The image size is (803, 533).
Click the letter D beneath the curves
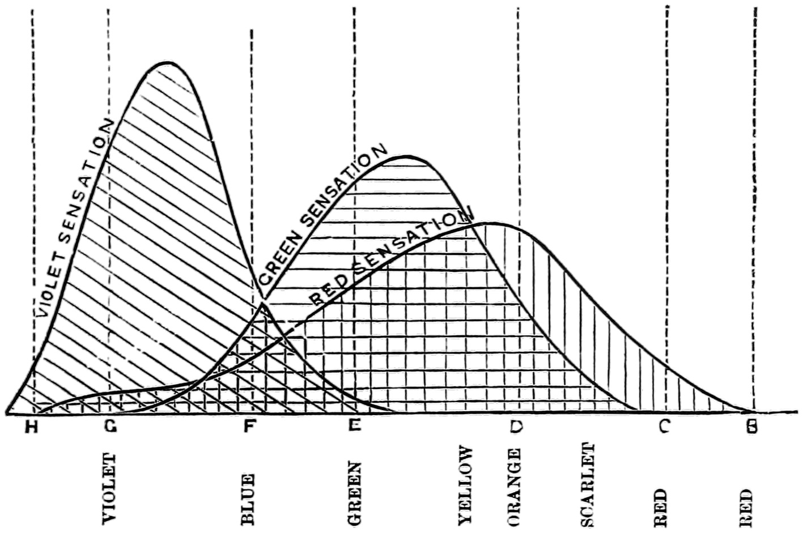coord(515,428)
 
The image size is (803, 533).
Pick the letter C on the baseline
coord(664,428)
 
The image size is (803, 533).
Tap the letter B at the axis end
coord(752,428)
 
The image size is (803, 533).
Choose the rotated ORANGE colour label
coord(515,487)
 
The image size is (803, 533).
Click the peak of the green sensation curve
coord(406,156)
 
